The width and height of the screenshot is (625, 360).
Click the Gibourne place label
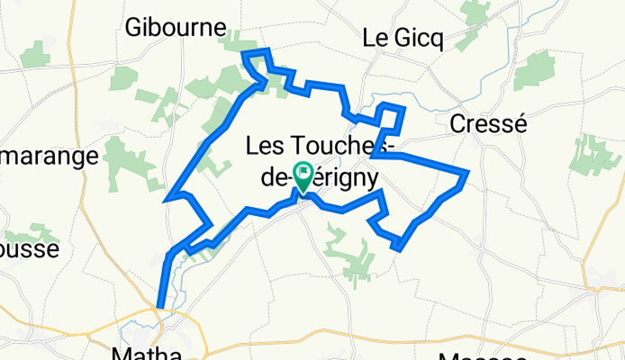(x=175, y=28)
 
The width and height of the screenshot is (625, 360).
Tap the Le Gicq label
(x=399, y=39)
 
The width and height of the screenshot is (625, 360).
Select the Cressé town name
(x=487, y=124)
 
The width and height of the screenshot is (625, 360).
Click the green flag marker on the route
(x=303, y=175)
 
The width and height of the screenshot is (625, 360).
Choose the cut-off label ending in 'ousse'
(x=29, y=247)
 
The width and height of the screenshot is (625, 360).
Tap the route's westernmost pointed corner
(x=167, y=199)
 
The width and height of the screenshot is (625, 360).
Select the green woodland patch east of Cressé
(x=595, y=153)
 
